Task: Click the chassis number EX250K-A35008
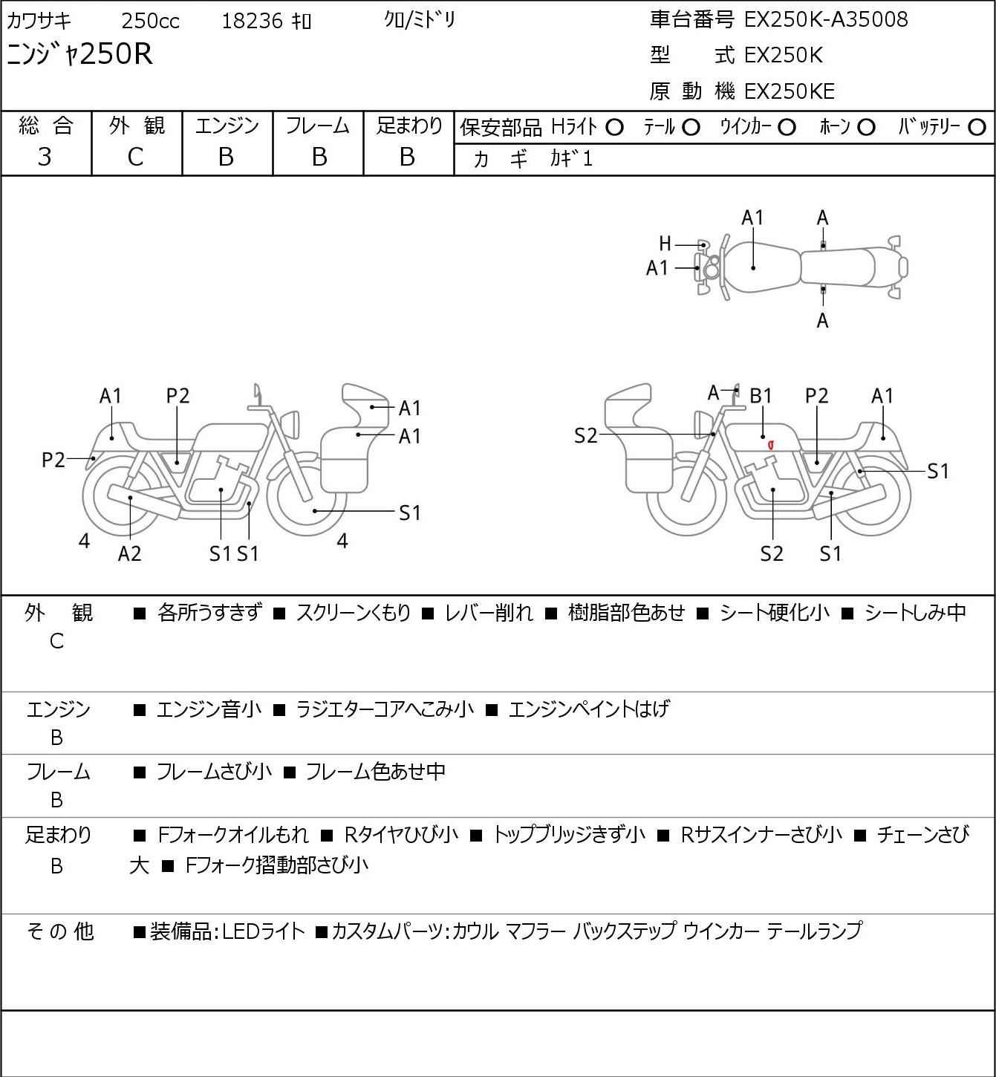826,20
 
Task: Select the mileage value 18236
253,21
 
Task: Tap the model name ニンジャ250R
79,54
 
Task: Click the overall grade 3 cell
45,157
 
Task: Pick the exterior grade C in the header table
135,157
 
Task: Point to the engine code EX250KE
790,91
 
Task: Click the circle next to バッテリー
977,128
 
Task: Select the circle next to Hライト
614,128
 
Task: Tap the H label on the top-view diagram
665,244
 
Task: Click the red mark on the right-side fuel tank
771,445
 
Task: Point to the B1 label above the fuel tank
761,397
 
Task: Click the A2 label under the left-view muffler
130,553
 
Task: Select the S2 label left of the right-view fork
586,435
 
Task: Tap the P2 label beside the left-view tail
53,460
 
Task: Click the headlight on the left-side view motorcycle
291,424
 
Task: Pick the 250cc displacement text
150,21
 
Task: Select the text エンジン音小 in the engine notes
209,709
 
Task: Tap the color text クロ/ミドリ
420,20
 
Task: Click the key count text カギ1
571,159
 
